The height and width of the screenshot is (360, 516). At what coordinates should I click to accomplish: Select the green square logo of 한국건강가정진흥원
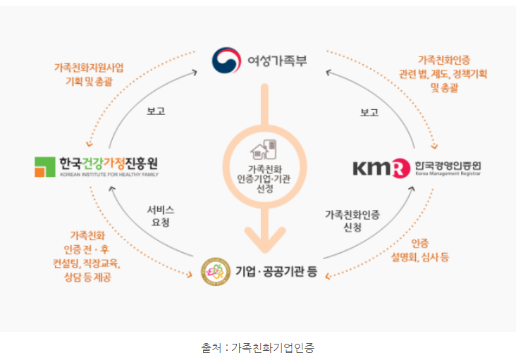pos(45,167)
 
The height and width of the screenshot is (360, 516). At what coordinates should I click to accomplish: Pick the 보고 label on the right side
pos(369,111)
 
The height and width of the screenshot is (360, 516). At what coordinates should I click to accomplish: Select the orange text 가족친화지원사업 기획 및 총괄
pos(88,75)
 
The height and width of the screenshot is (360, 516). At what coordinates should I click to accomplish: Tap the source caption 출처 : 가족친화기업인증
pos(258,347)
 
